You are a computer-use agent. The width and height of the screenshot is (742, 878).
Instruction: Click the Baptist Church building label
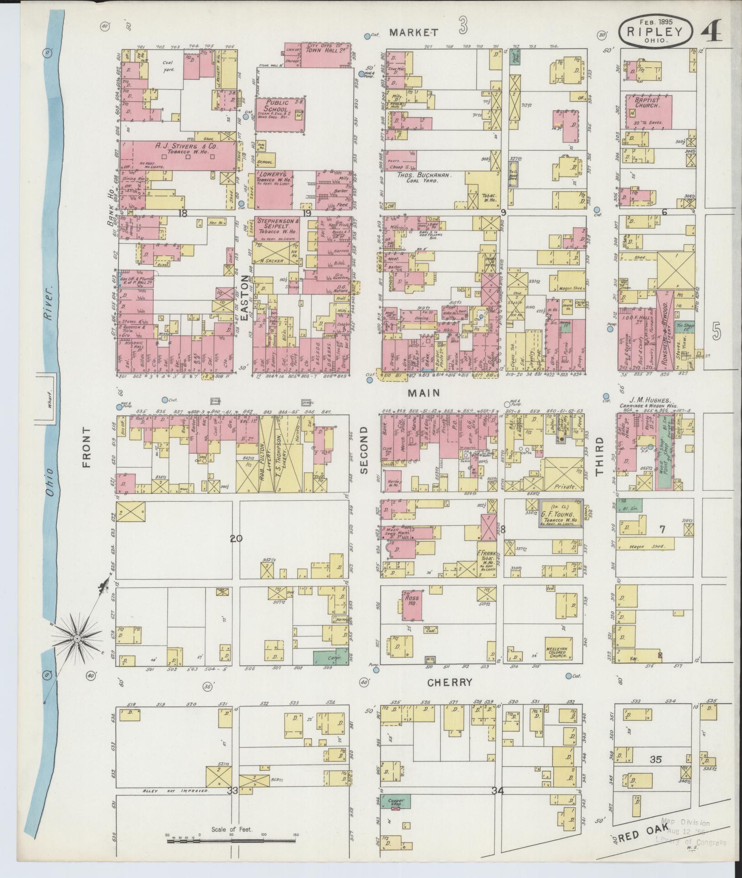tap(649, 102)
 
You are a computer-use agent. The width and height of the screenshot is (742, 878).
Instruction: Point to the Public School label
tap(272, 106)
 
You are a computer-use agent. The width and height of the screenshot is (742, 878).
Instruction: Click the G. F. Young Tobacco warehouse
tap(560, 513)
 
